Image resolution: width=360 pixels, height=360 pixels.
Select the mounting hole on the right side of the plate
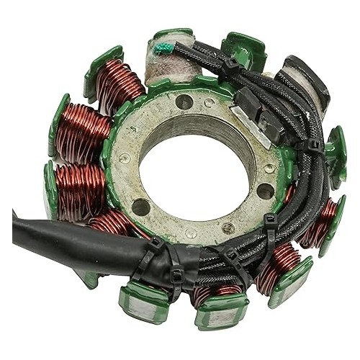click(x=266, y=191)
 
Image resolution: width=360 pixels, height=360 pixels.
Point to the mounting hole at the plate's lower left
click(x=140, y=207)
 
